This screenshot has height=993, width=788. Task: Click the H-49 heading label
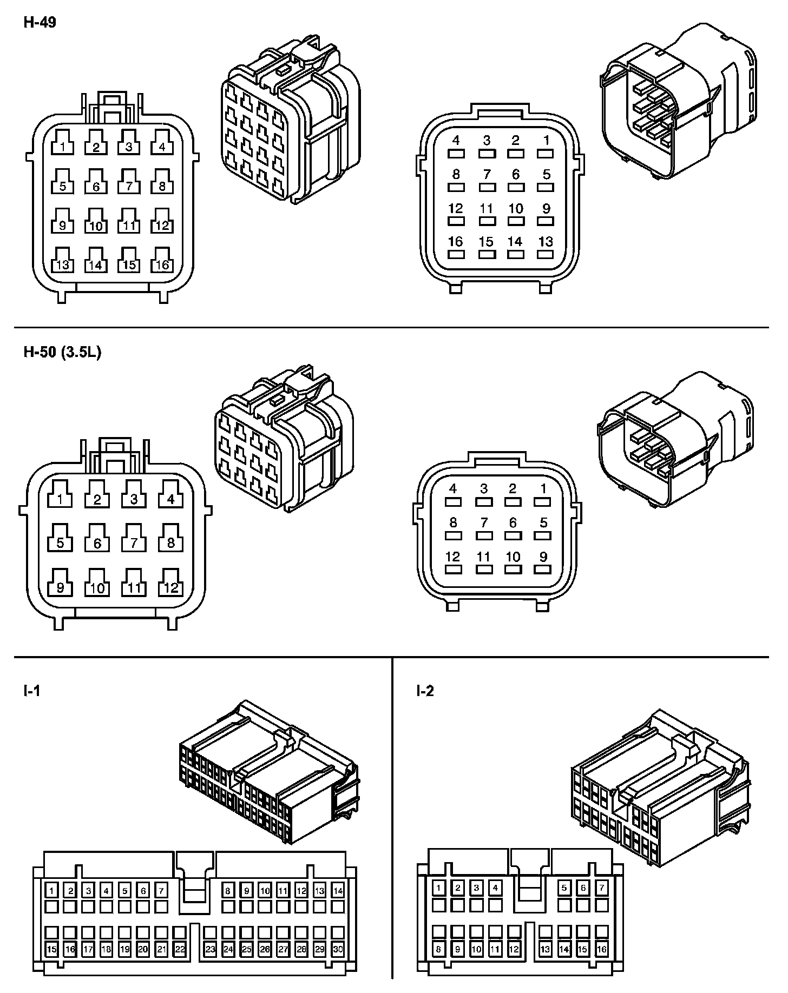coord(40,23)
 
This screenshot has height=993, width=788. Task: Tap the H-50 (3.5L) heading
coord(62,353)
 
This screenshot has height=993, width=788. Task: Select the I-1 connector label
coord(31,691)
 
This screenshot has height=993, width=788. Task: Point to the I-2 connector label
coord(425,691)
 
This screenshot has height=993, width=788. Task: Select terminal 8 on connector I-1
coord(228,890)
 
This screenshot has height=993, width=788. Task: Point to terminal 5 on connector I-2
coord(564,888)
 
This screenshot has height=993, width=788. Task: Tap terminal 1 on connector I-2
coord(439,888)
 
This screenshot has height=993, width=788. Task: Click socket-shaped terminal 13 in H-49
coord(63,264)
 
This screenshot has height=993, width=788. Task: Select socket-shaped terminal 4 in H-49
coord(162,146)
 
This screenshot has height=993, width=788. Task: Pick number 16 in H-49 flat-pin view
coord(456,241)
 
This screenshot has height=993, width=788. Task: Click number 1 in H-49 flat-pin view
coord(546,141)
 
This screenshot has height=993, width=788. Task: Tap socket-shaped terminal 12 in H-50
coord(170,587)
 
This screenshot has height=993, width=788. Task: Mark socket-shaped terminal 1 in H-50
coord(60,499)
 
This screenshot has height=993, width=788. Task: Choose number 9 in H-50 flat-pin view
coord(543,556)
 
